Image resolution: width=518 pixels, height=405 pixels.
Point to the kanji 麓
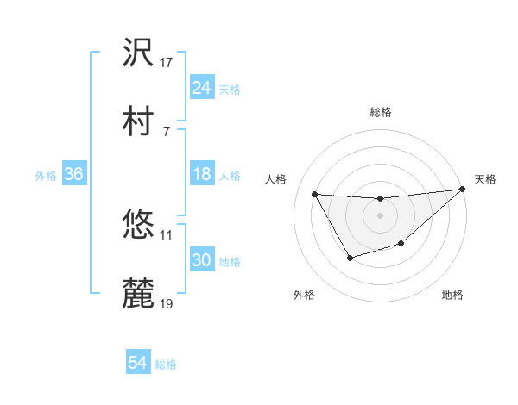point(139,293)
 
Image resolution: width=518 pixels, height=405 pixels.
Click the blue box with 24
point(202,88)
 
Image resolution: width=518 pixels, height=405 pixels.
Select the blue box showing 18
point(202,175)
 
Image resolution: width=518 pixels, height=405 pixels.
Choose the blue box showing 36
point(74,175)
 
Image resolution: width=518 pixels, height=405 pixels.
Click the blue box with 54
point(138,363)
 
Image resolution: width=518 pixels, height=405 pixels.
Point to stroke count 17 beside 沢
point(167,62)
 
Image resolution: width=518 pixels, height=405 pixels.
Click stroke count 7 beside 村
point(166,130)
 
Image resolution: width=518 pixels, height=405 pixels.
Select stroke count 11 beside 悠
point(167,234)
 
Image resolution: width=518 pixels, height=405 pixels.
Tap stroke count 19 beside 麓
point(167,303)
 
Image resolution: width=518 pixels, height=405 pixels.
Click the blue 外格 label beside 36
point(46,176)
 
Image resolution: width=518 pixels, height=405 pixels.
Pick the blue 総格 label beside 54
point(166,364)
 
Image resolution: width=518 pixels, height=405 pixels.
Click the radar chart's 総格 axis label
point(381,112)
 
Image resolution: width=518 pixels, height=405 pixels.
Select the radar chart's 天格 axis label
point(486,179)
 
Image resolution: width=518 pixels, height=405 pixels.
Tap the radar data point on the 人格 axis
point(314,194)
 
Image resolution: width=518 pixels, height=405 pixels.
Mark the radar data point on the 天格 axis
point(463,189)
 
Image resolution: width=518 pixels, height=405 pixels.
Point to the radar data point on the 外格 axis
point(350,258)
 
